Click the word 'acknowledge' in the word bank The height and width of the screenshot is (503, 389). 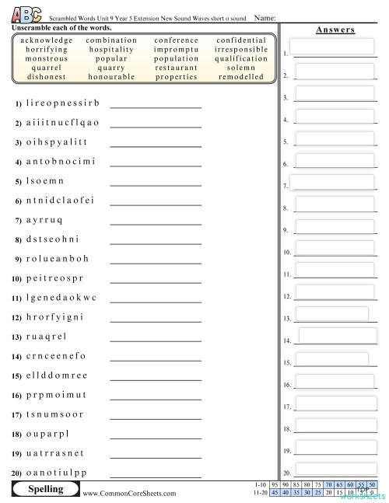click(47, 40)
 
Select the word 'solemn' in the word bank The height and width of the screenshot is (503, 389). click(240, 68)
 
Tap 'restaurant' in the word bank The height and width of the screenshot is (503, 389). click(176, 68)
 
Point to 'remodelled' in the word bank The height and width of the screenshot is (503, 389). click(241, 77)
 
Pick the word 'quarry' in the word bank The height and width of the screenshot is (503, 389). click(110, 68)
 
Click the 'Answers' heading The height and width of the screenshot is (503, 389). click(335, 30)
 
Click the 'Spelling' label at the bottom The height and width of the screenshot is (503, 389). click(45, 490)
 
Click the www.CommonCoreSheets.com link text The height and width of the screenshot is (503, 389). click(129, 493)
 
